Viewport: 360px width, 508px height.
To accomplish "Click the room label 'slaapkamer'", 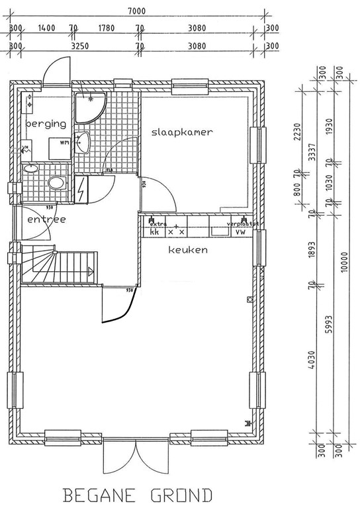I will coord(181,132).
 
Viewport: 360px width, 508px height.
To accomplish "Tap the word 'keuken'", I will coord(188,250).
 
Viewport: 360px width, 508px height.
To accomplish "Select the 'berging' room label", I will coord(46,124).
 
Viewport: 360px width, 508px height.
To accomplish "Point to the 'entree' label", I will coord(46,219).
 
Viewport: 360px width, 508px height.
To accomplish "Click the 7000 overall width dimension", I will coord(138,11).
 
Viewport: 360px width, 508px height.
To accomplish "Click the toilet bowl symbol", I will coord(57,183).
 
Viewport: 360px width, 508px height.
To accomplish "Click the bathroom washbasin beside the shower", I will coord(83,142).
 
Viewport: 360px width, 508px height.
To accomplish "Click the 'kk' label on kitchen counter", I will coord(154,232).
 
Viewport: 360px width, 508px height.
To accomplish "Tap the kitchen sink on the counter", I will coord(218,232).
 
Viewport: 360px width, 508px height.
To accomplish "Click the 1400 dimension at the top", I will coord(46,28).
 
